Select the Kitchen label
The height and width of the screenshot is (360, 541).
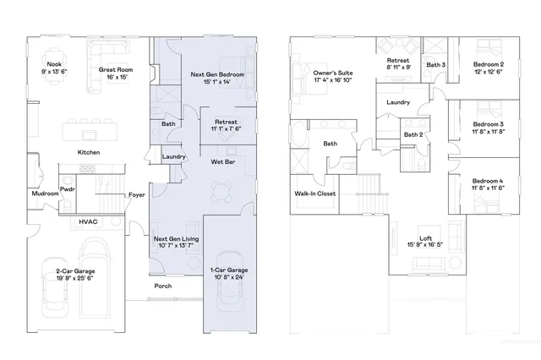90,152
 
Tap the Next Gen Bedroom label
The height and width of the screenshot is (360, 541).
217,75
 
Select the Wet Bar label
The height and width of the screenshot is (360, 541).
223,161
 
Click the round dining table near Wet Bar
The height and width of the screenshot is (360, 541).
222,192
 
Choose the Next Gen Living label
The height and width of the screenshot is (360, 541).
176,239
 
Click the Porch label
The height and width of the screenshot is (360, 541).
163,286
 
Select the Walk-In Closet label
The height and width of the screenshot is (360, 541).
314,194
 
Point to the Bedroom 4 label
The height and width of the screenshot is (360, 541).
488,182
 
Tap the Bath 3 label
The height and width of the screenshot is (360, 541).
435,64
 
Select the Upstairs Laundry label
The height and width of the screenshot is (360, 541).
398,102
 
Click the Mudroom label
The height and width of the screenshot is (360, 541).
45,194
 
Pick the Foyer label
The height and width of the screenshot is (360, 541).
137,195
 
